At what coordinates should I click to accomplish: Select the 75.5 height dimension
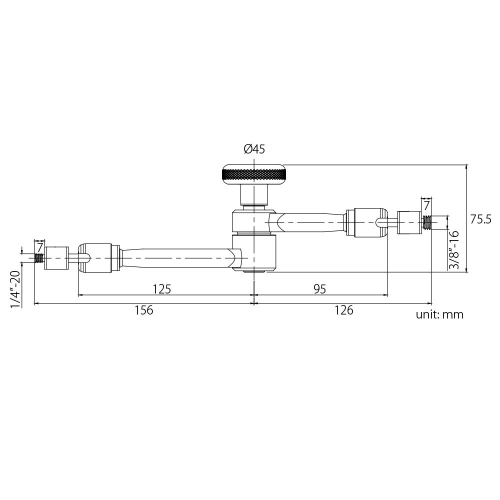(481, 219)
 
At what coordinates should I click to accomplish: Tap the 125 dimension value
(162, 288)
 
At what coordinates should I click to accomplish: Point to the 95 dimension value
(320, 288)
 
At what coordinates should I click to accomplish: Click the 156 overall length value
(143, 310)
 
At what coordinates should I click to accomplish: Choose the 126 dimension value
(343, 310)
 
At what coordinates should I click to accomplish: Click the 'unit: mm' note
(439, 314)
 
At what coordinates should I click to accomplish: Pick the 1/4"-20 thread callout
(15, 289)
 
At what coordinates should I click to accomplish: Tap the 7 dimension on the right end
(426, 205)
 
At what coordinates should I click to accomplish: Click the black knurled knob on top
(254, 174)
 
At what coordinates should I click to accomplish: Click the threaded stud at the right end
(427, 221)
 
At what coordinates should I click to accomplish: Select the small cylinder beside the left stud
(56, 258)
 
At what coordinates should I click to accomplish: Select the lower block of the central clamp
(255, 253)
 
